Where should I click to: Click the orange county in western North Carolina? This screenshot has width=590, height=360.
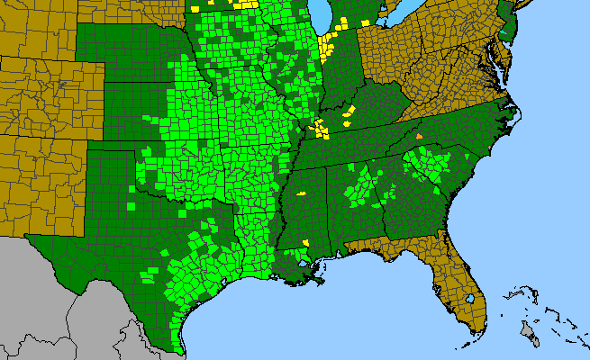point(419,135)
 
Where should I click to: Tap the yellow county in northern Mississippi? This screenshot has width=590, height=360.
point(302,193)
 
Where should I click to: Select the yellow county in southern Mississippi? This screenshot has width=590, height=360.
point(306,242)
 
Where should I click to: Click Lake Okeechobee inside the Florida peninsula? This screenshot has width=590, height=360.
point(471,298)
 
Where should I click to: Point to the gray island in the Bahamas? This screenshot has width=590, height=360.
point(531,336)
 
